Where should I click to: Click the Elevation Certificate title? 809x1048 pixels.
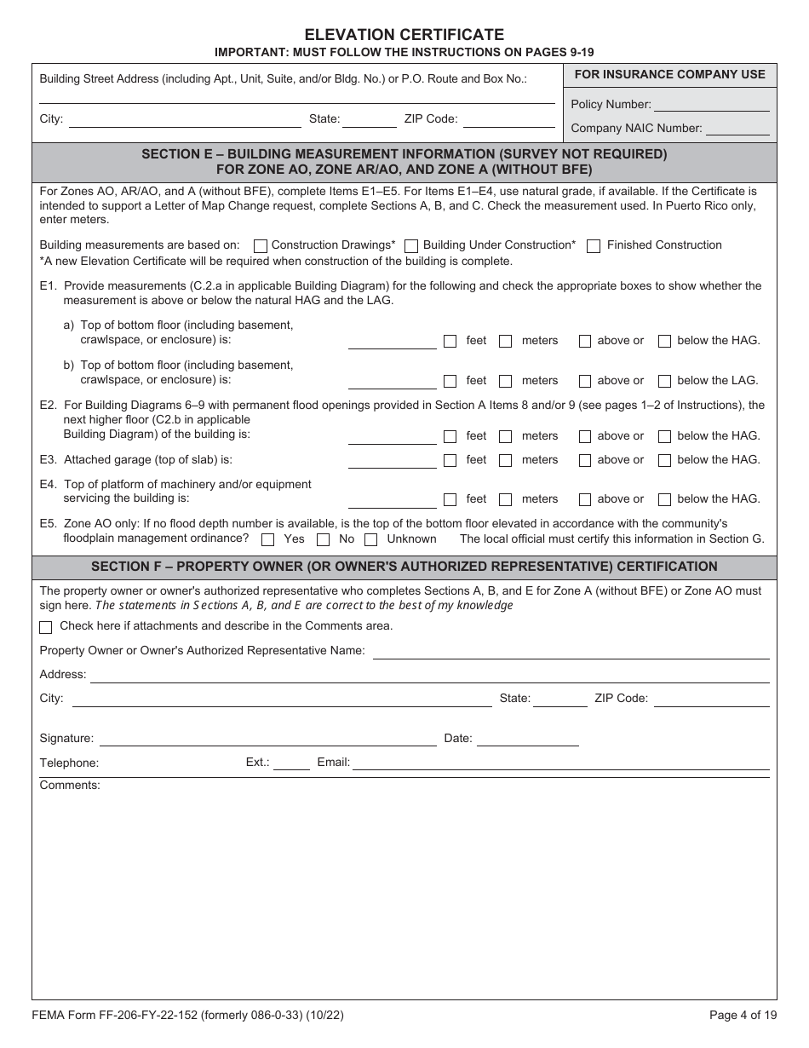[404, 35]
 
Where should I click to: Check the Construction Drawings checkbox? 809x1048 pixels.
[261, 246]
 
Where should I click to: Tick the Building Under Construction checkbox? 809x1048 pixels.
[411, 246]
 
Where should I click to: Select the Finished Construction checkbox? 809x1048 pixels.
[594, 246]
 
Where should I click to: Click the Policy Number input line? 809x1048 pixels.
[711, 105]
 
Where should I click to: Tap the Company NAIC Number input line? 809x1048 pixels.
[737, 129]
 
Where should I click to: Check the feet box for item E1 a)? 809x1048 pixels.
[450, 342]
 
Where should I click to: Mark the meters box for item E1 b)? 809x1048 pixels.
[506, 382]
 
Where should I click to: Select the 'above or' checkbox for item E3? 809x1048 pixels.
[585, 461]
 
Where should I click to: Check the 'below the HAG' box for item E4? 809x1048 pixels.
[665, 500]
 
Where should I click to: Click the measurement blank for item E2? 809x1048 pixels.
[393, 437]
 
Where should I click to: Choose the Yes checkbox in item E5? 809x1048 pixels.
[268, 540]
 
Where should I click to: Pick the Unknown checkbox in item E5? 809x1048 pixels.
[371, 540]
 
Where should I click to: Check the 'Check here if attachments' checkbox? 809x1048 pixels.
[46, 627]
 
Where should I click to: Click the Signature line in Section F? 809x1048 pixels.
[268, 740]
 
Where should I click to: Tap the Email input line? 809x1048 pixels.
[560, 763]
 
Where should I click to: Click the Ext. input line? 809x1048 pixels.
[291, 763]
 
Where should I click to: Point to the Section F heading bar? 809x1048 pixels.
[404, 567]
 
